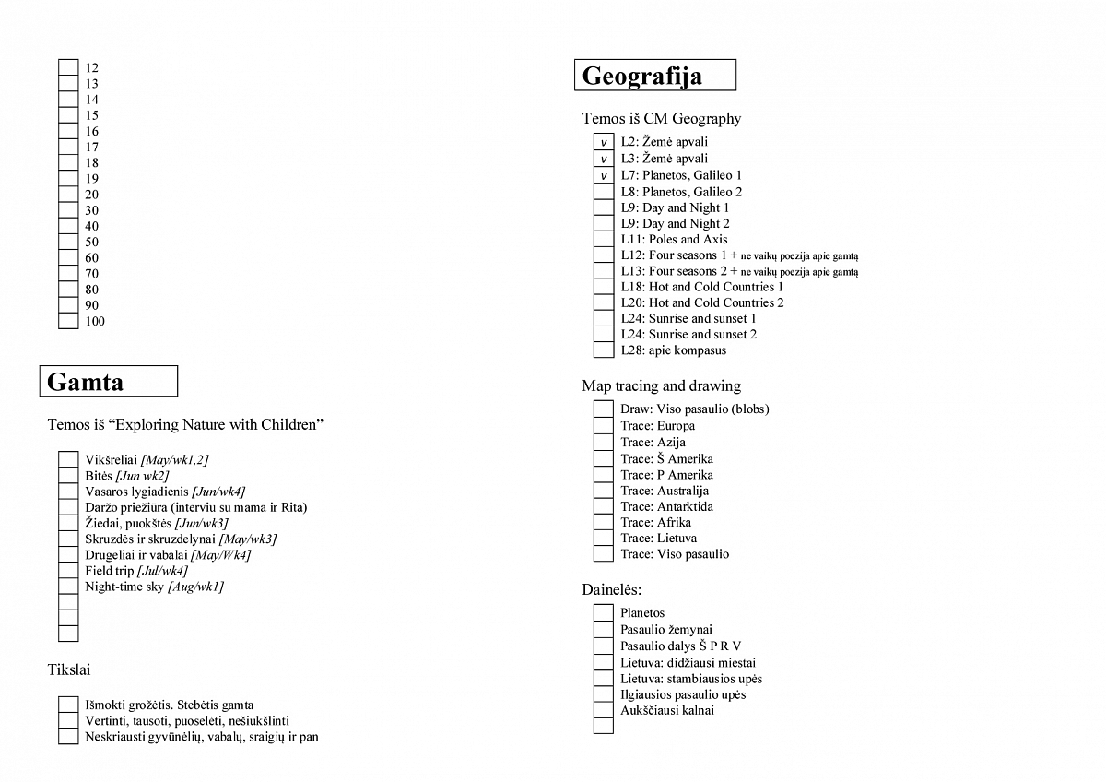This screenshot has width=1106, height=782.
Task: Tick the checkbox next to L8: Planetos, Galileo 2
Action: tap(603, 192)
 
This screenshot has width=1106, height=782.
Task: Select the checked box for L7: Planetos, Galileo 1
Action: tap(603, 175)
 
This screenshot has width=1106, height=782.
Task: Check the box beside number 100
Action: tap(68, 321)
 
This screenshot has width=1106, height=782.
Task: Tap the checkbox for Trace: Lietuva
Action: tap(603, 538)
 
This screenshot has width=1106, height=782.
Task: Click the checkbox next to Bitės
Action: tap(68, 476)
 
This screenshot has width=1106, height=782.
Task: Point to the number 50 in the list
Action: tap(92, 242)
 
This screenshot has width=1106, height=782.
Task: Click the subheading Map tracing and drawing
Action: tap(661, 385)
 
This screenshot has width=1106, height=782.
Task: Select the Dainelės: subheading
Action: tap(611, 588)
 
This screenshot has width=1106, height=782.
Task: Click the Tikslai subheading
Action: tap(68, 669)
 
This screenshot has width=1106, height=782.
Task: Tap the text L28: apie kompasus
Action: tap(673, 350)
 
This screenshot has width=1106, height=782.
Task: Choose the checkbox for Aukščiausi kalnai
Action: tap(603, 710)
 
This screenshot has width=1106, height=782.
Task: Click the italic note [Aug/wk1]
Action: tap(195, 586)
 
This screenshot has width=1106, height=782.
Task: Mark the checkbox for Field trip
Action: tap(68, 571)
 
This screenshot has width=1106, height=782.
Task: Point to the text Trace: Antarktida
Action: tap(666, 506)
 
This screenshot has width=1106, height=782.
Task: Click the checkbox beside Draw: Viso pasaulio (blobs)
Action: tap(603, 409)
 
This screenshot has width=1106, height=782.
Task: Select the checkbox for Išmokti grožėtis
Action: tap(68, 705)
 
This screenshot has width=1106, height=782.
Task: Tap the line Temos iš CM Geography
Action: tap(661, 118)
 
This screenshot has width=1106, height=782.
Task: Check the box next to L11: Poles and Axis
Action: tap(603, 240)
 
